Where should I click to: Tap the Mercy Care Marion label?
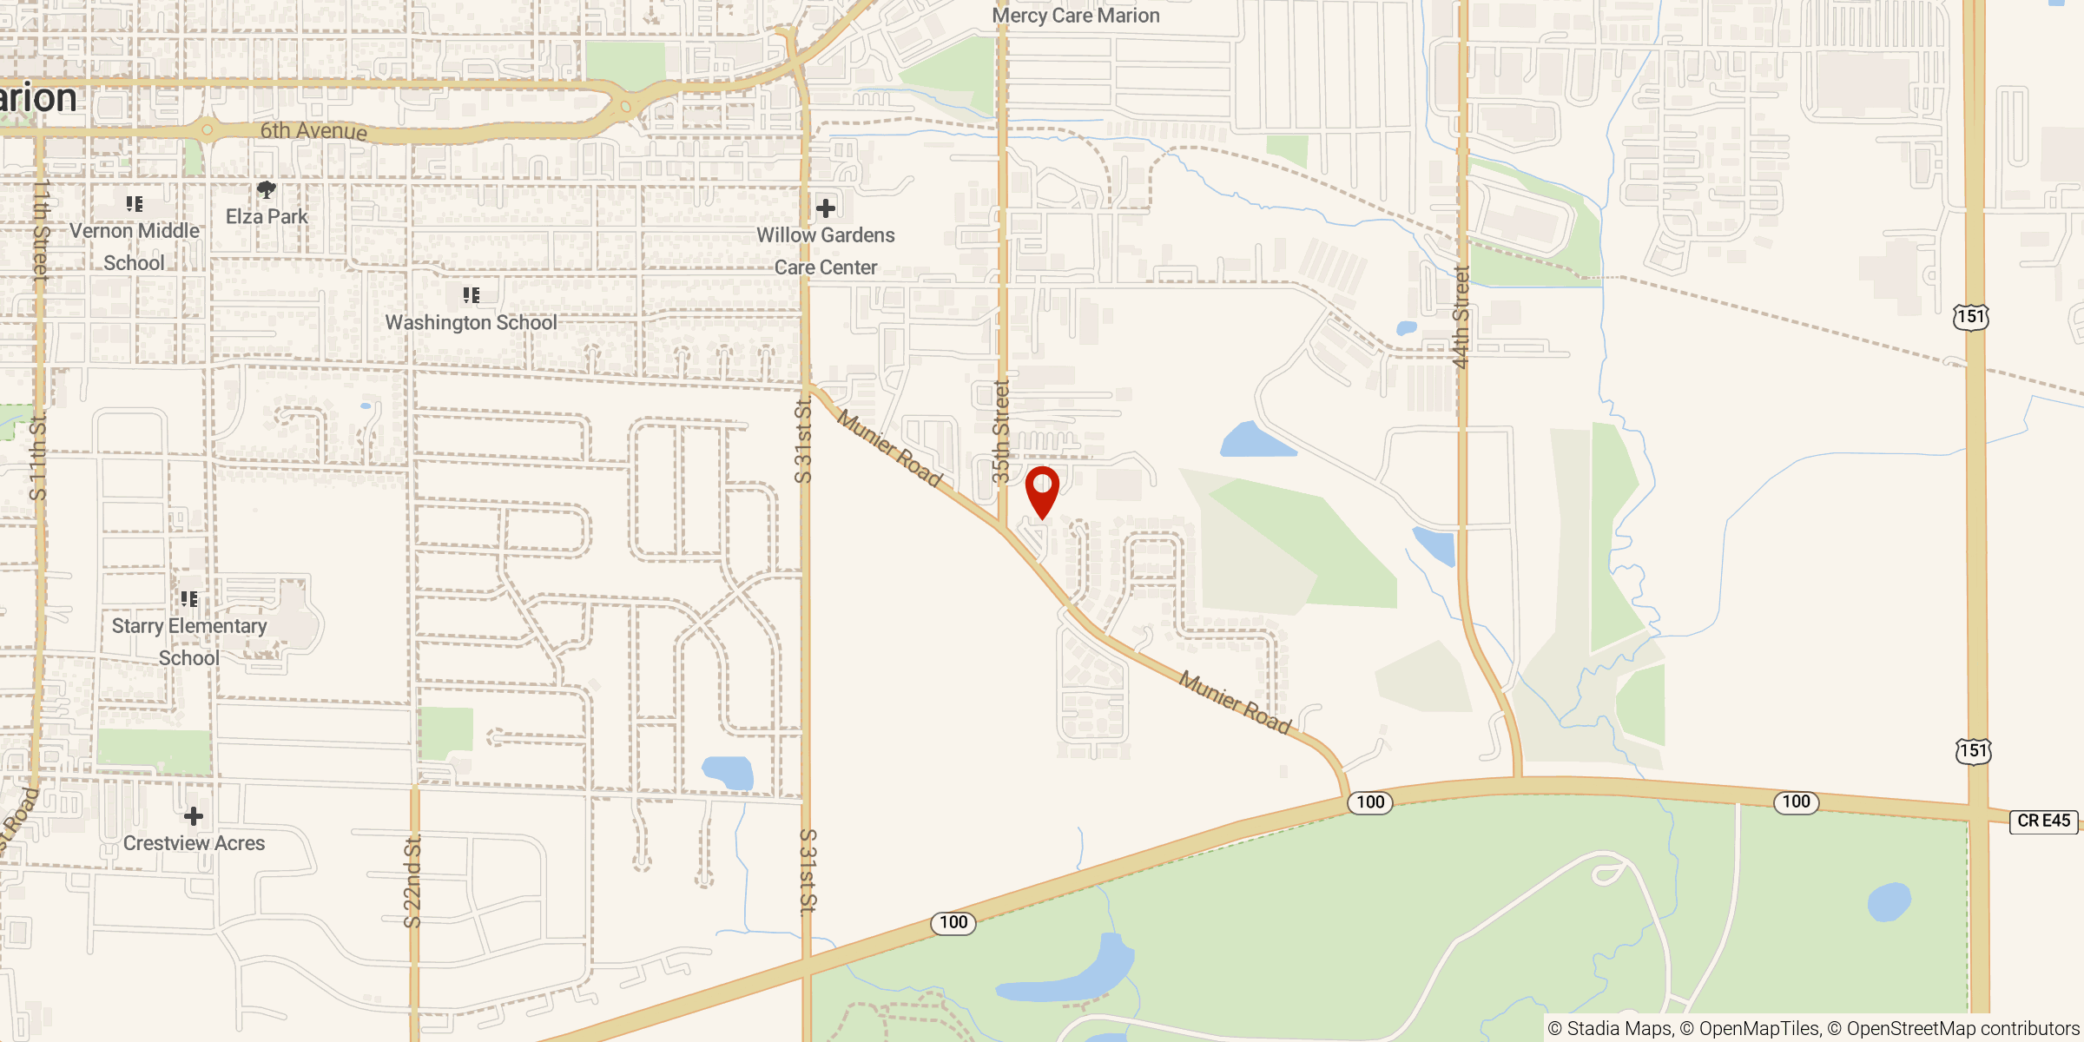[x=1075, y=16]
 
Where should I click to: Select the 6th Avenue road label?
[x=313, y=131]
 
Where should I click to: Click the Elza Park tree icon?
[x=267, y=189]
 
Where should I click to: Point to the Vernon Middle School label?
[x=135, y=247]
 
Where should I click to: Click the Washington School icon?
[x=471, y=295]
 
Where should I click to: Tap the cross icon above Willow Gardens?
[x=826, y=208]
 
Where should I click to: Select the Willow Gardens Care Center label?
[x=825, y=251]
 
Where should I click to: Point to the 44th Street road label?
[x=1461, y=318]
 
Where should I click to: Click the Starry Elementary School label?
[x=189, y=642]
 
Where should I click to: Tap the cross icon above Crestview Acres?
[x=194, y=815]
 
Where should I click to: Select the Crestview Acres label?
[x=194, y=843]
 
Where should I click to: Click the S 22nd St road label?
[x=413, y=881]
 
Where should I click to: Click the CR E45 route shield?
[x=2043, y=821]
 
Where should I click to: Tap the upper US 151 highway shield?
[x=1970, y=316]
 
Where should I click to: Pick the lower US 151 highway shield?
[x=1973, y=750]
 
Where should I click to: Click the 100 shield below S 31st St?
[x=953, y=922]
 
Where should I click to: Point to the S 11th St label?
[x=37, y=458]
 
